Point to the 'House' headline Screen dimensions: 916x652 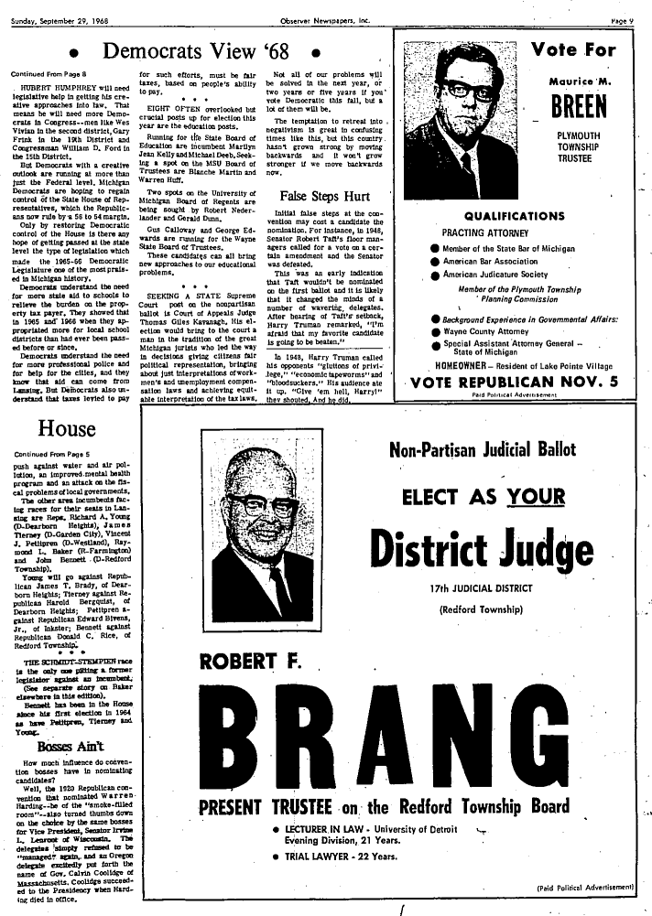pos(66,428)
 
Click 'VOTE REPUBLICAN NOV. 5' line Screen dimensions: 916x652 pos(514,383)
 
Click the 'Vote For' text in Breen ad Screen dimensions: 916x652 pos(579,49)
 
